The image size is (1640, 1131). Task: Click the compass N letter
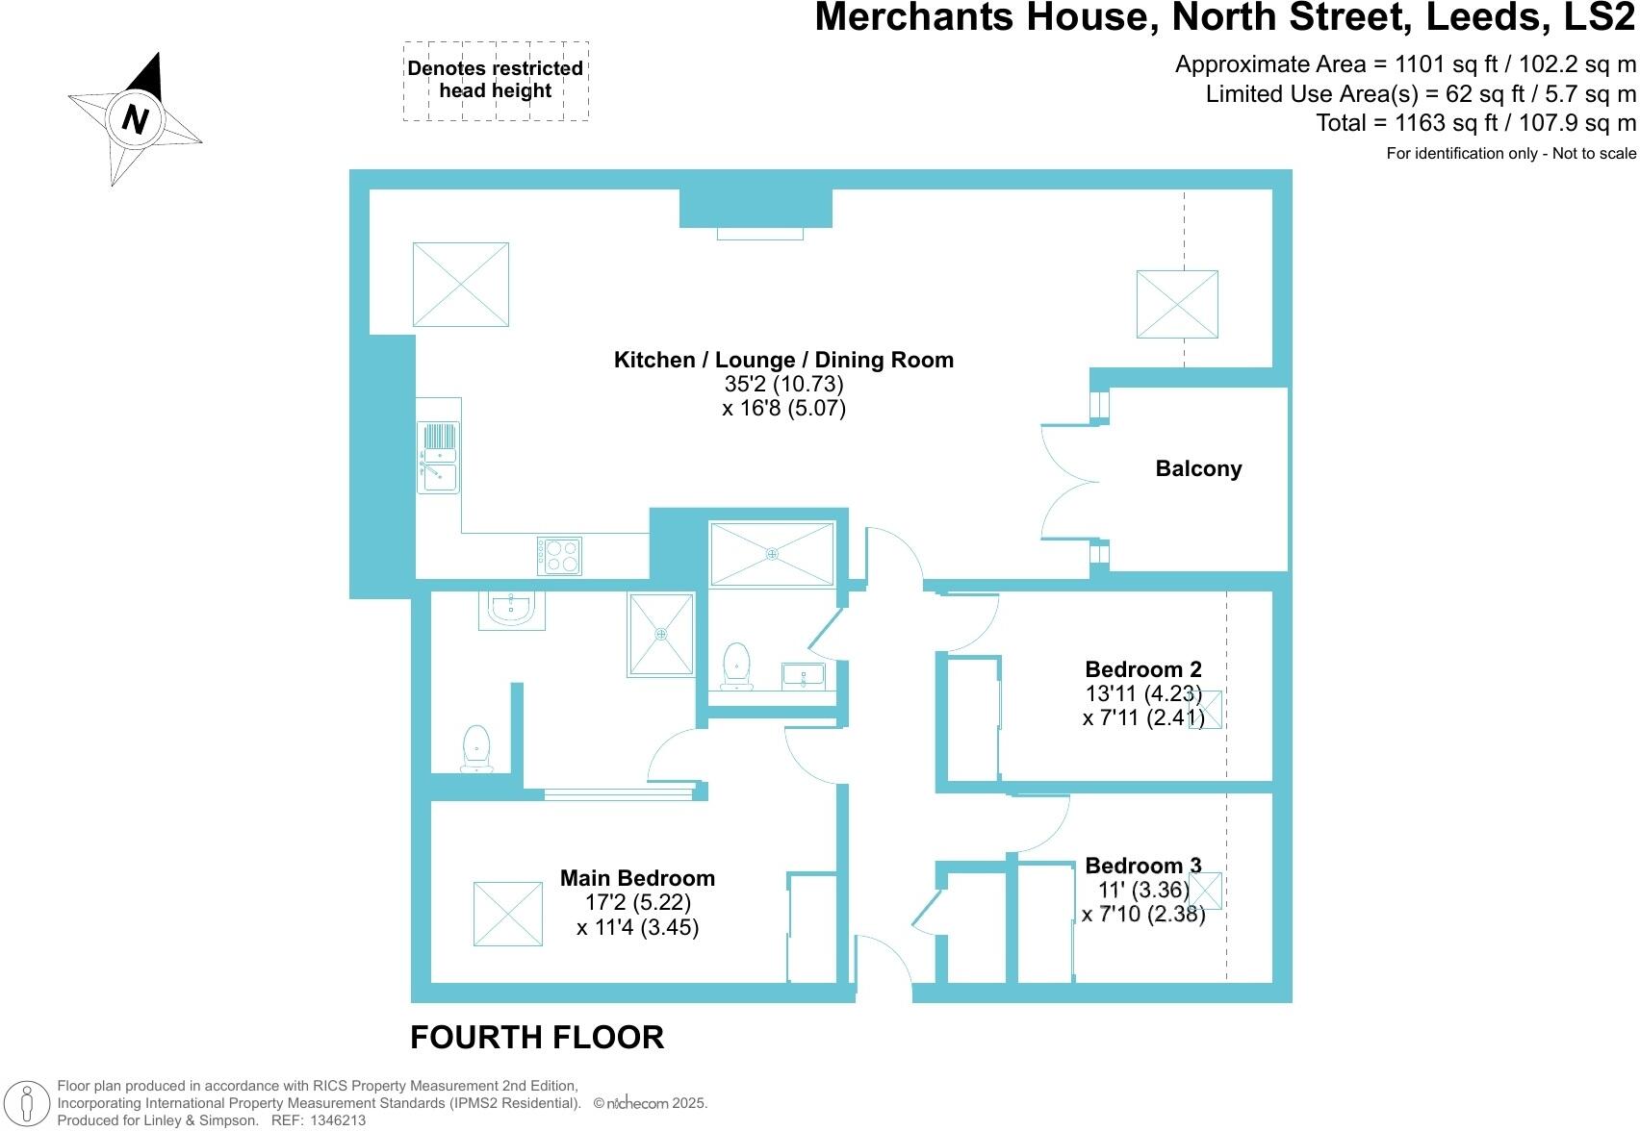tap(136, 119)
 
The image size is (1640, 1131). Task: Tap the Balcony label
tap(1198, 469)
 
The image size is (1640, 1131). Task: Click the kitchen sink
tap(438, 458)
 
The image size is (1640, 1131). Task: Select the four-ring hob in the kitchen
tap(560, 555)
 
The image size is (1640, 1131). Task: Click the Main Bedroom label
tap(637, 878)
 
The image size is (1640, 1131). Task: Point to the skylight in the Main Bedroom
tap(507, 914)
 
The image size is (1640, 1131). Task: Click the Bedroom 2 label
tap(1142, 669)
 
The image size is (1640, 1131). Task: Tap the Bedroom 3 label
tap(1142, 866)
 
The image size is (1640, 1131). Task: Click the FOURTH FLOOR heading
tap(537, 1038)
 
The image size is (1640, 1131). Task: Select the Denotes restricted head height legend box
tap(496, 81)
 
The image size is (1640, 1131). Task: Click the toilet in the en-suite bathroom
tap(476, 748)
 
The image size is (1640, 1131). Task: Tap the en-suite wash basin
tap(511, 609)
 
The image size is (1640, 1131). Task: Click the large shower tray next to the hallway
tap(772, 553)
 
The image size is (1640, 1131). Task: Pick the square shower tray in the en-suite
tap(661, 634)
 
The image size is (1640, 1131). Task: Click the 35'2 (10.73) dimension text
tap(783, 384)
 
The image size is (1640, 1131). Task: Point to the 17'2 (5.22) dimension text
tap(637, 903)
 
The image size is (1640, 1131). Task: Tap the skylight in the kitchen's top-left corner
tap(460, 285)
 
